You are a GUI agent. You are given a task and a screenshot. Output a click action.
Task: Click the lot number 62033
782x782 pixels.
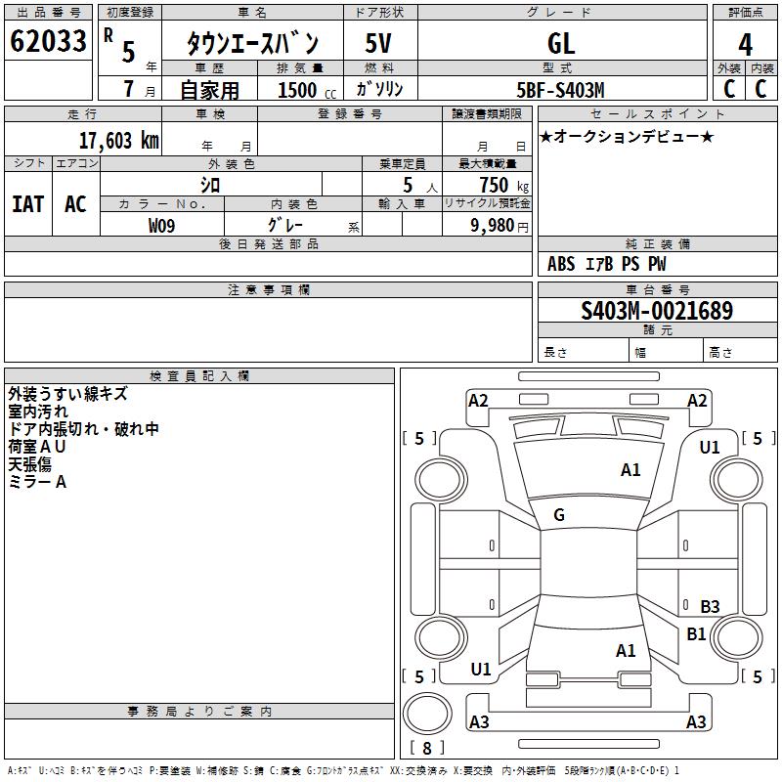(48, 41)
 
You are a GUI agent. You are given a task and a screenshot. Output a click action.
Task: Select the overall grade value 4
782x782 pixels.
(745, 45)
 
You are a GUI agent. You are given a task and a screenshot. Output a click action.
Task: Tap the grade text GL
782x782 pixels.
(561, 43)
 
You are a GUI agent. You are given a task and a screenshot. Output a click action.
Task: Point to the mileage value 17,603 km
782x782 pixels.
(118, 141)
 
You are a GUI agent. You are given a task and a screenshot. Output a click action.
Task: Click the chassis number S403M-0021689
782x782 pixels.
(657, 311)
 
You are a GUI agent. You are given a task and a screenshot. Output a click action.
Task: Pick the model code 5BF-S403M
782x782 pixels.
(560, 90)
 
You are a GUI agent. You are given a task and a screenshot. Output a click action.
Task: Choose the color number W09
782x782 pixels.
(161, 226)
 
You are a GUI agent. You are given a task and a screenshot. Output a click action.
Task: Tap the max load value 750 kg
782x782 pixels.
(503, 185)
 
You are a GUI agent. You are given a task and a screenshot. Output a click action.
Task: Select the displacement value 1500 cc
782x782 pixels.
(307, 90)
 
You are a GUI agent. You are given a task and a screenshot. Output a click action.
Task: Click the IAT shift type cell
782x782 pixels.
(28, 204)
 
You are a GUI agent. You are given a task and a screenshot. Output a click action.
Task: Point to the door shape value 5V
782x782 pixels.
(378, 43)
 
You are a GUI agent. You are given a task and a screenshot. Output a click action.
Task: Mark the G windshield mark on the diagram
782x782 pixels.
(559, 515)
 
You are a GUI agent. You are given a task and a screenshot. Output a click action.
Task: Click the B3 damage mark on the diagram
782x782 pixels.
(710, 606)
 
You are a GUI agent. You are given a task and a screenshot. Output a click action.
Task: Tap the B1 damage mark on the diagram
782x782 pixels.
(696, 633)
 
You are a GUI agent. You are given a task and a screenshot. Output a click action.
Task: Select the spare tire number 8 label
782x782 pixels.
(427, 748)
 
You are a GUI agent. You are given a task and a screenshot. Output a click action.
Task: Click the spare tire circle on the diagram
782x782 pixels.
(427, 714)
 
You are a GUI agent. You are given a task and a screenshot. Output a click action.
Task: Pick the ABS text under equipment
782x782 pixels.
(561, 264)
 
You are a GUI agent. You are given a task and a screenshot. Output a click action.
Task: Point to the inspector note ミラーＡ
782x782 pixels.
(37, 482)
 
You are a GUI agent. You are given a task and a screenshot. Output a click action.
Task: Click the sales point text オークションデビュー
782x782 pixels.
(627, 136)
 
